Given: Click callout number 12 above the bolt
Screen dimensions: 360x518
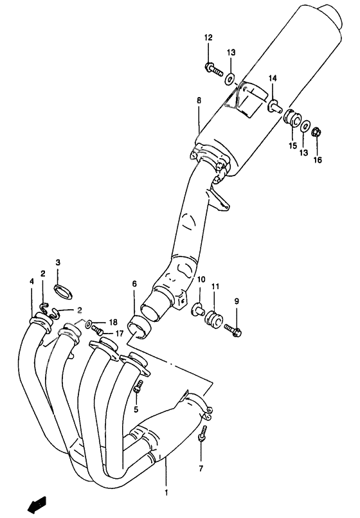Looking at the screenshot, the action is [x=208, y=38].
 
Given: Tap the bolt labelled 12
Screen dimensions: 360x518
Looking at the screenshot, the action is [x=213, y=69].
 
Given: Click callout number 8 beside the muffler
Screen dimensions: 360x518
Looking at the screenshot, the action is [x=199, y=100].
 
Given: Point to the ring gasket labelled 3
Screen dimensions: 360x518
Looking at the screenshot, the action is [x=63, y=292].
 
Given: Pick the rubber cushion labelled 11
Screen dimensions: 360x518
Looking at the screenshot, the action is [x=214, y=319].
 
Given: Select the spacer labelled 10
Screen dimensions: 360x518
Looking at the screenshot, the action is [x=198, y=309].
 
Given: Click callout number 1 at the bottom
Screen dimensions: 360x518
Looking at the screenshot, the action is [x=166, y=493].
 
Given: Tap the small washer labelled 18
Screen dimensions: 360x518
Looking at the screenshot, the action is [x=88, y=324].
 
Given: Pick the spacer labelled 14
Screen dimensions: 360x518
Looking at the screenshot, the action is [x=274, y=105].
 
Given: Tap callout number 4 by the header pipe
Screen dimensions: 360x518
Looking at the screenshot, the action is [x=32, y=281].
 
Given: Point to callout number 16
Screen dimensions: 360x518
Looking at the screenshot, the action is [x=317, y=160].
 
